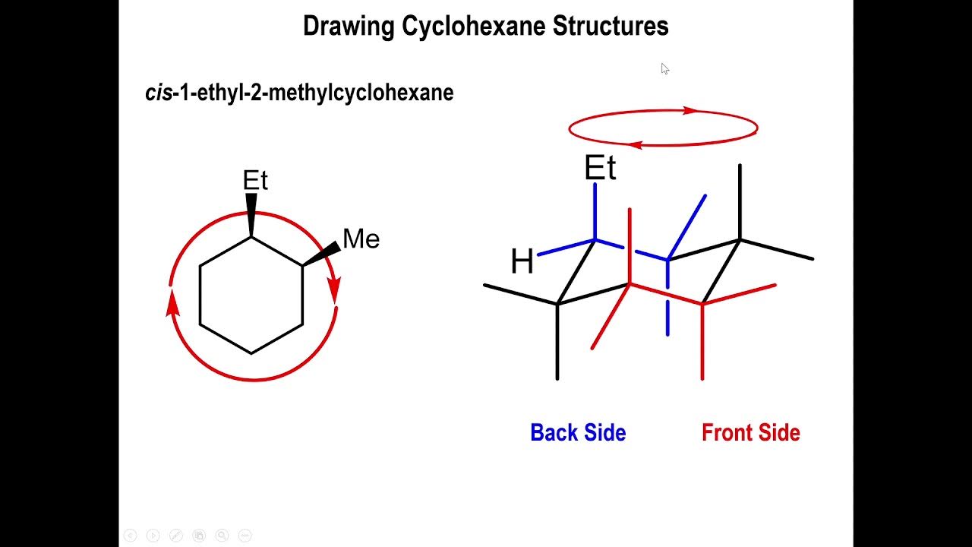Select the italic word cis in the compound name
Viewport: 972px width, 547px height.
157,93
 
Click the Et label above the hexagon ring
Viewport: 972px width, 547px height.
255,180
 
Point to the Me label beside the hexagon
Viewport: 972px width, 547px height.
361,239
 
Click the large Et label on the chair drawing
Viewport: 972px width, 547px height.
600,169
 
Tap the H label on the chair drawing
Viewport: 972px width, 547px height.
522,262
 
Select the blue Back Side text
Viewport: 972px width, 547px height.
578,432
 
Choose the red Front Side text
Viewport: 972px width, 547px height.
750,432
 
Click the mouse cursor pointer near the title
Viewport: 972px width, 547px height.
664,68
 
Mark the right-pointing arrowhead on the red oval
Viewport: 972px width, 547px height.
690,111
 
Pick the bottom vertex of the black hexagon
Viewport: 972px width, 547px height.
251,353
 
